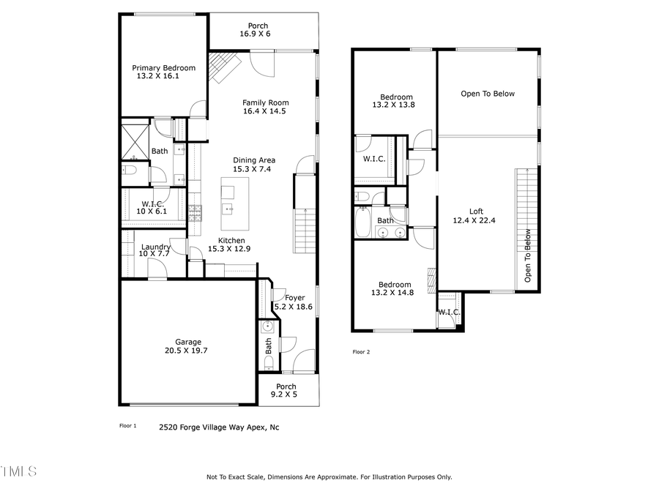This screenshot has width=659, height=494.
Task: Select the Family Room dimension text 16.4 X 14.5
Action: (264, 112)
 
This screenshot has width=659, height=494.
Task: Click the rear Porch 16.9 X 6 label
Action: (257, 30)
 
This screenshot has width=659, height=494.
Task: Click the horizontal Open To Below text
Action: (488, 94)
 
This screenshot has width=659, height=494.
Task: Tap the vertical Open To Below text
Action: (527, 256)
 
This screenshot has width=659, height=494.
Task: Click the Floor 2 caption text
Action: (362, 352)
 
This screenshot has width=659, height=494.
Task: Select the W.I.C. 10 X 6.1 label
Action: (152, 208)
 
